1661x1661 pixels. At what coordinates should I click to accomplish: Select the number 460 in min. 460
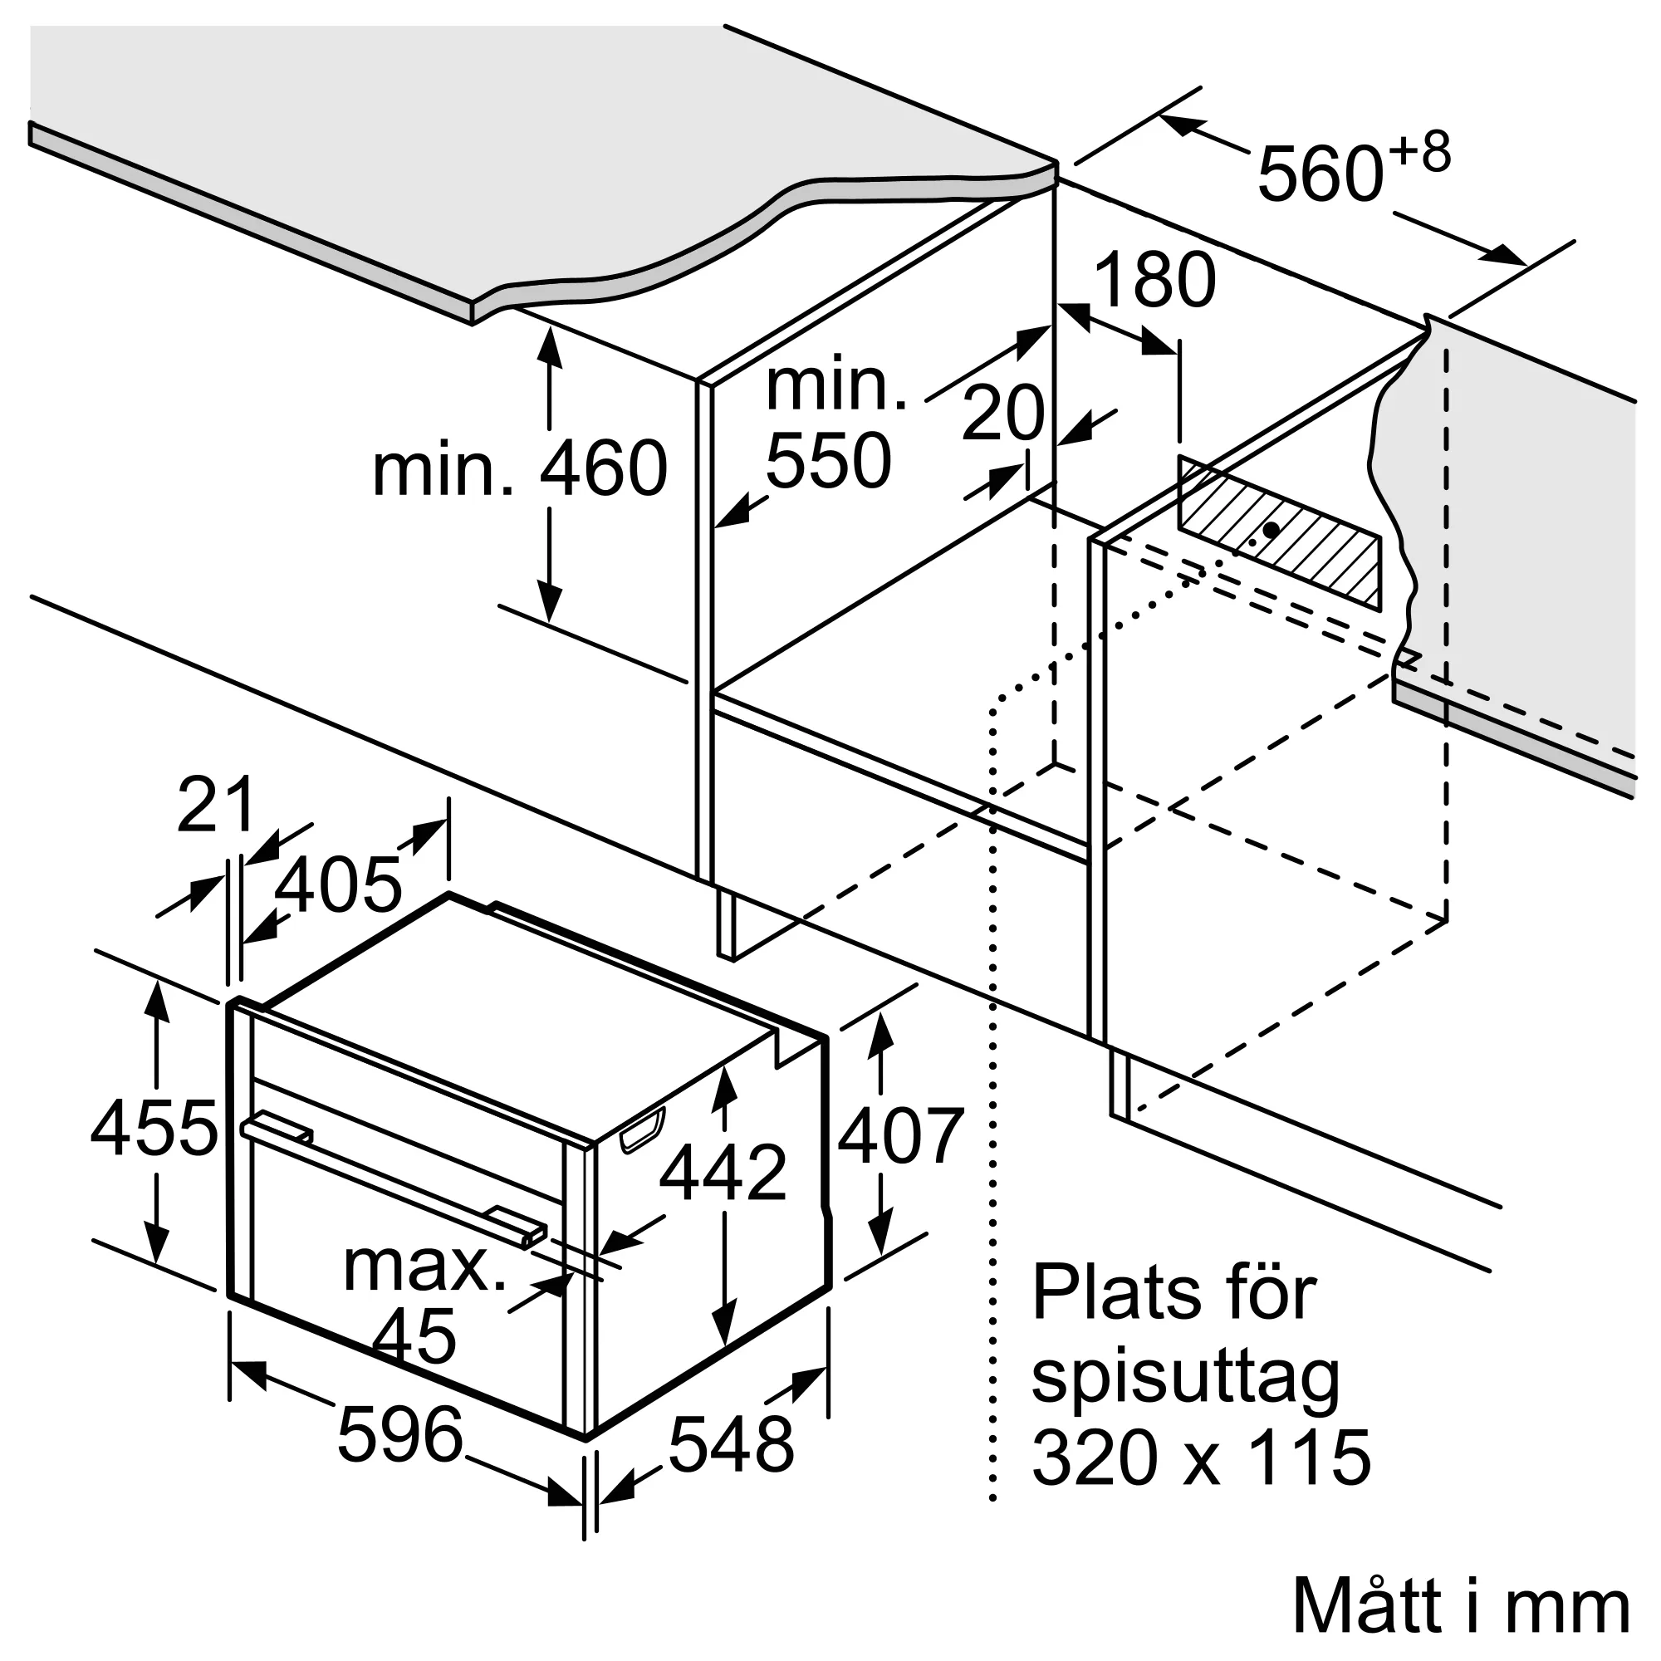pos(604,468)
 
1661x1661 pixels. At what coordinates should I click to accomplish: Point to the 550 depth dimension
pos(828,461)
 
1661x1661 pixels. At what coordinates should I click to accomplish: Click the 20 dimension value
pos(1002,414)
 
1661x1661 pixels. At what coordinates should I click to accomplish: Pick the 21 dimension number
pos(216,804)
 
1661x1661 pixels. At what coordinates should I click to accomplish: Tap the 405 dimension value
pos(338,885)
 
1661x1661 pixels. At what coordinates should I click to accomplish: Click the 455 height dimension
pos(154,1129)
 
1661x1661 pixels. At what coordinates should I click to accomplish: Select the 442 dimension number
pos(723,1172)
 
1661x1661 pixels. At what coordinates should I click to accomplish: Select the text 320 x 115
pos(1201,1458)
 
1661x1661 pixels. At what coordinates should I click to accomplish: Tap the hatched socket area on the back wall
pos(1279,534)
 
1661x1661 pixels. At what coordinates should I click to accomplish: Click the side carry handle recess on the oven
pos(640,1129)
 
